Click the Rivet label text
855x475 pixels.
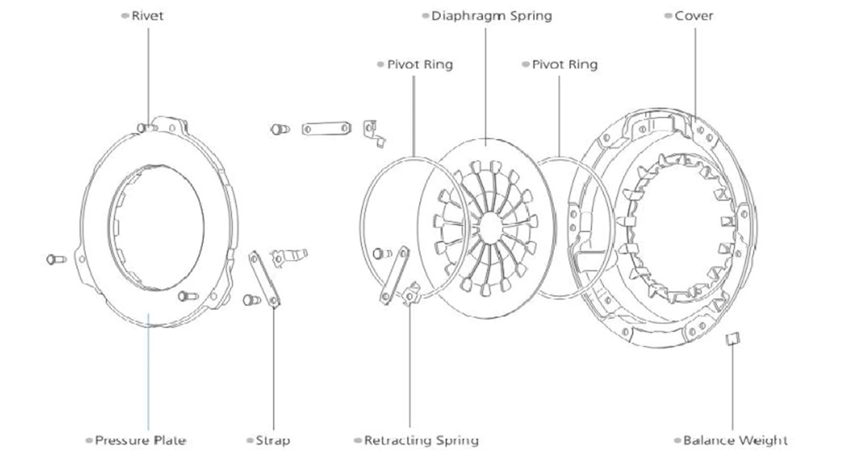tap(147, 16)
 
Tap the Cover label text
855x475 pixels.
tap(694, 16)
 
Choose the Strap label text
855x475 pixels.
tap(273, 440)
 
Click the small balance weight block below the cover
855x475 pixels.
tap(733, 339)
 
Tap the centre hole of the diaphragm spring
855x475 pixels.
tap(490, 228)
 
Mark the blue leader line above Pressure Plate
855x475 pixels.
tap(148, 372)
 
